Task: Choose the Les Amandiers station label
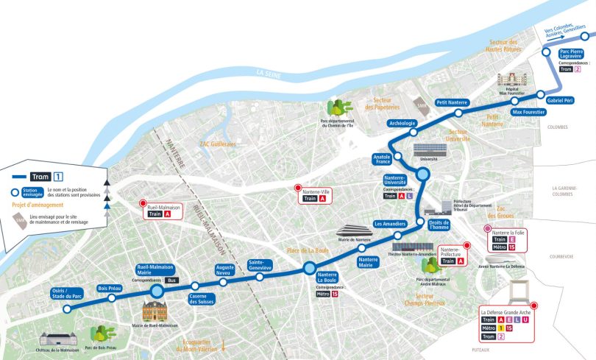point(390,224)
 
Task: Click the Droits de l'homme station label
point(439,225)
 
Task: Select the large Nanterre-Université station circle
point(423,174)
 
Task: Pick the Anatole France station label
point(381,160)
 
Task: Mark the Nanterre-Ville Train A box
point(315,195)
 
